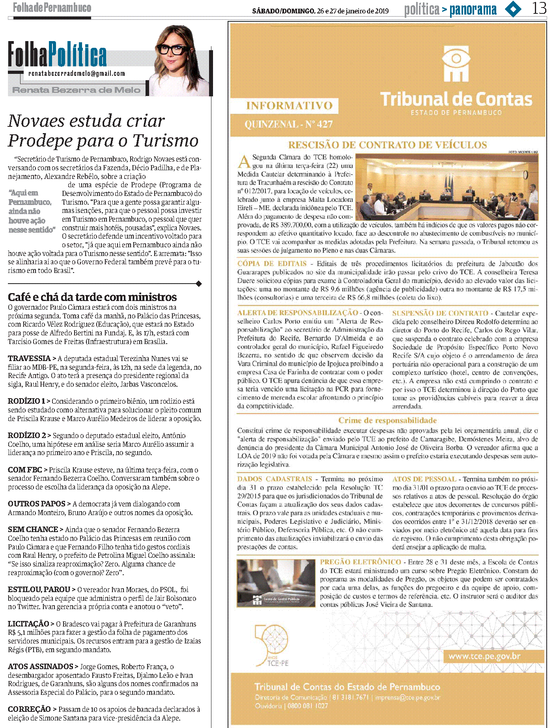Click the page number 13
click(539, 8)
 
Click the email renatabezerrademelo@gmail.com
click(77, 73)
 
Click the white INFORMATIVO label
click(289, 105)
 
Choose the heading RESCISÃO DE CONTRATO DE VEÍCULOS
click(387, 145)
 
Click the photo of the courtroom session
click(447, 187)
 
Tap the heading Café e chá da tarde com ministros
click(92, 297)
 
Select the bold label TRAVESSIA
click(30, 358)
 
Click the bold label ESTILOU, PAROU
click(39, 589)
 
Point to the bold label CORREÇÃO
click(29, 709)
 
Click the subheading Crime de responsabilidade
click(387, 420)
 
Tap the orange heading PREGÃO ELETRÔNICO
click(360, 562)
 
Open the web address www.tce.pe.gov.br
click(484, 657)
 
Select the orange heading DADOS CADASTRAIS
click(275, 479)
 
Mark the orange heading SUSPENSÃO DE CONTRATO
click(440, 313)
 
